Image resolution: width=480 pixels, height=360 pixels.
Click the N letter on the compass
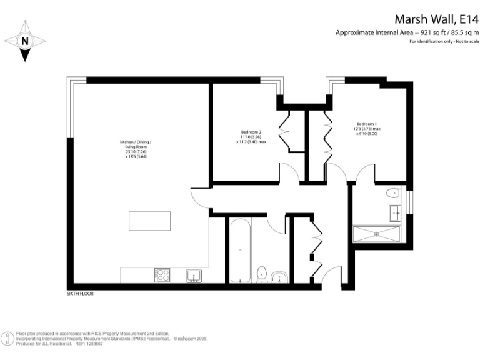coord(25,42)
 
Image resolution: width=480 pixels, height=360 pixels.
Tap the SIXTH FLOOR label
coord(80,293)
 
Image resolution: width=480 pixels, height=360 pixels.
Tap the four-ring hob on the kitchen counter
coord(162,275)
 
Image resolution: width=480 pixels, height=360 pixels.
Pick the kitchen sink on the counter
coord(193,275)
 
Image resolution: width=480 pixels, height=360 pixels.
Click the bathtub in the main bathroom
coord(241,250)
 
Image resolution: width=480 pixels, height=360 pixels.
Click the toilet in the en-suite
coord(394,192)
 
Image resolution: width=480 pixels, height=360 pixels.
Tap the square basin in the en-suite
coord(396,213)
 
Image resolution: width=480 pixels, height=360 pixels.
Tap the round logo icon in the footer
coord(7,338)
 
